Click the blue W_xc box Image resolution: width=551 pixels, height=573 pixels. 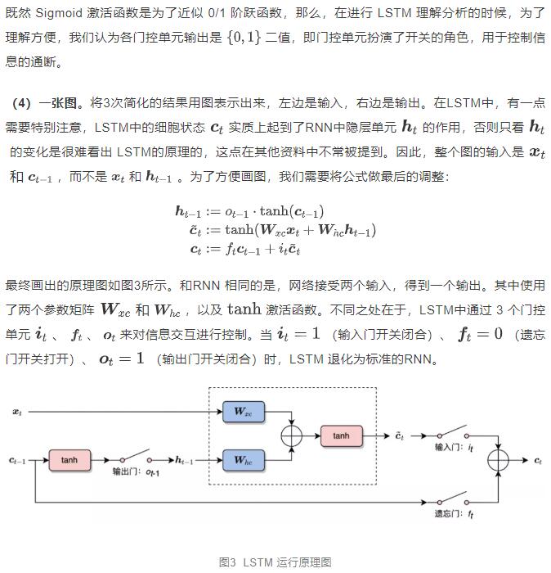[x=244, y=412]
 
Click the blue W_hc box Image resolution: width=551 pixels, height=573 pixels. [x=244, y=460]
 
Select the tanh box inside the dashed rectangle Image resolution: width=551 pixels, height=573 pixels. [x=342, y=435]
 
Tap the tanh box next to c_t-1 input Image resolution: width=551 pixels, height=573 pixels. [x=69, y=460]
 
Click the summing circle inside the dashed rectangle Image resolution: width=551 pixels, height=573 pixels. [x=292, y=435]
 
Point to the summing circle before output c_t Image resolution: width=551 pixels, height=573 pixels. [x=498, y=460]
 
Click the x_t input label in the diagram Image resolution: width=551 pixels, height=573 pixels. [x=17, y=412]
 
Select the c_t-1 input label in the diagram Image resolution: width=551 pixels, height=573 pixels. [x=17, y=460]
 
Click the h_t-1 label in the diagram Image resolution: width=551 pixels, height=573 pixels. [x=184, y=460]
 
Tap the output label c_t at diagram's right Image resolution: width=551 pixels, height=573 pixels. [x=538, y=460]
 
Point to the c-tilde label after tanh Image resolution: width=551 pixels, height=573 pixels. [x=400, y=435]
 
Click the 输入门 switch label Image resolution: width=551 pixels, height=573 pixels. [x=454, y=447]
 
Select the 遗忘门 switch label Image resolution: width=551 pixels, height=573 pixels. [x=454, y=514]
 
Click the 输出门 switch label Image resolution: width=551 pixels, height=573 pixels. [x=136, y=471]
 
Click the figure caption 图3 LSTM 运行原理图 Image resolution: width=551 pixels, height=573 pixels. [x=275, y=562]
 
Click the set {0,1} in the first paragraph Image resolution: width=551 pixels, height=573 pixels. [x=244, y=38]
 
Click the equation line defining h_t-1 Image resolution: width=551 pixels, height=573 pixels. [x=249, y=211]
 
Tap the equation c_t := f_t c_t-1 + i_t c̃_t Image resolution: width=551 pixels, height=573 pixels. [x=245, y=249]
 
